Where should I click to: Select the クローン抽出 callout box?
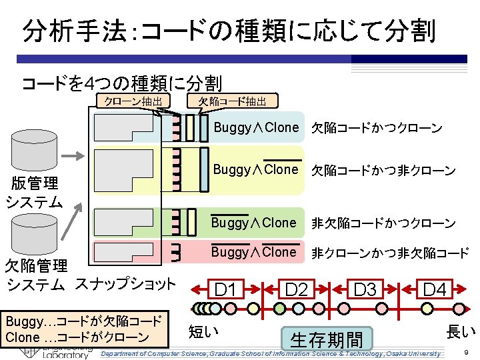(131, 101)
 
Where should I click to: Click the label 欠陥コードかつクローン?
(377, 128)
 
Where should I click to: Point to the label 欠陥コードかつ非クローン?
(384, 171)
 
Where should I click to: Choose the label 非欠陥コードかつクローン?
(384, 223)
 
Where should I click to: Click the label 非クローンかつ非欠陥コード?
(391, 253)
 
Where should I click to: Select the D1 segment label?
(226, 290)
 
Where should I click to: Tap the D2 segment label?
(296, 290)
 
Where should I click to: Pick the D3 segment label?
(365, 290)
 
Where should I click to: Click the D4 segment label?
(435, 290)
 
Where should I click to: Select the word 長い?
(461, 331)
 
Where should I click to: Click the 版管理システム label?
(33, 192)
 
